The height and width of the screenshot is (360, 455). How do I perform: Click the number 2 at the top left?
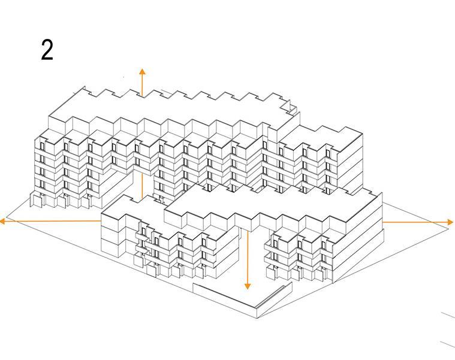[47, 50]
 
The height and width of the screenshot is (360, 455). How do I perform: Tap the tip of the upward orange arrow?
[142, 71]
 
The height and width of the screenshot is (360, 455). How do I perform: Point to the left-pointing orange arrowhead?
[3, 221]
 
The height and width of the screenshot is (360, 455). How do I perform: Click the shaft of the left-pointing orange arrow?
[54, 221]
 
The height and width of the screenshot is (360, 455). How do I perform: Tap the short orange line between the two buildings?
[141, 186]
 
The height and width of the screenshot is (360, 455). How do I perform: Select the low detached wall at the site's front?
[240, 296]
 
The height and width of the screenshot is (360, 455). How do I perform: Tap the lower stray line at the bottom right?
[447, 344]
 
